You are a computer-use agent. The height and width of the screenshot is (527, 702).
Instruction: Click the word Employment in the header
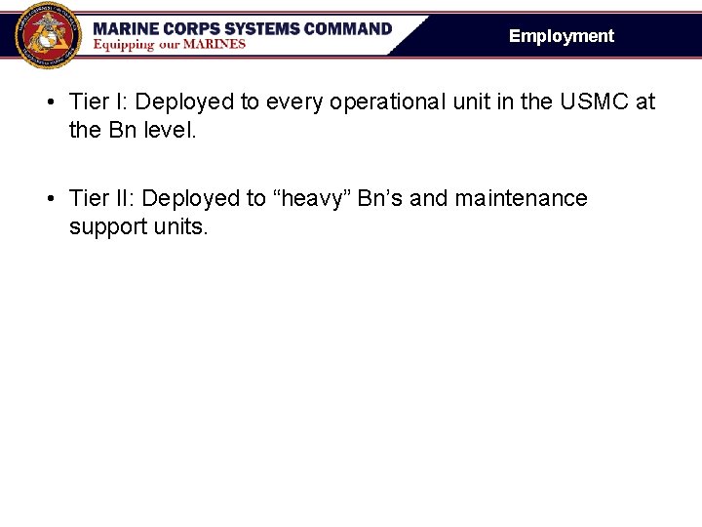coord(562,36)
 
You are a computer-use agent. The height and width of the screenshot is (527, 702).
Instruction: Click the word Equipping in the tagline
coord(124,44)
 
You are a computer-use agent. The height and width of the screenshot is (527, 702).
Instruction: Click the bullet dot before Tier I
coord(49,102)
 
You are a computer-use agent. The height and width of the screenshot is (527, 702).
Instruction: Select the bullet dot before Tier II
coord(49,199)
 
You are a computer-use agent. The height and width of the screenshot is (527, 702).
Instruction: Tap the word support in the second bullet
coord(106,226)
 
